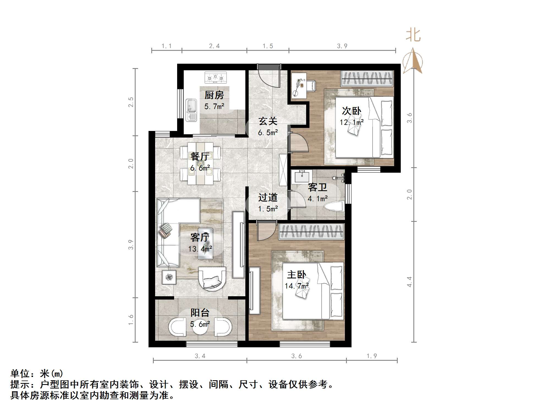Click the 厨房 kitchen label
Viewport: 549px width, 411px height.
coord(214,95)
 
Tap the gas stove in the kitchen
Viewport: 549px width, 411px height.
coord(216,77)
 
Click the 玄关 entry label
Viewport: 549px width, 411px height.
coord(268,121)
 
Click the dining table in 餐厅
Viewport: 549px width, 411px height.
coord(200,163)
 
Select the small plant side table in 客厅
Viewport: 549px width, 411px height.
coord(169,277)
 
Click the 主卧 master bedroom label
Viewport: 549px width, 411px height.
coord(297,275)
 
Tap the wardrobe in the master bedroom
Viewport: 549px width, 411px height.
coord(311,231)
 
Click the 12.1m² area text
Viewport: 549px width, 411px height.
coord(352,122)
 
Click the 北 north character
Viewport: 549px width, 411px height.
coord(413,35)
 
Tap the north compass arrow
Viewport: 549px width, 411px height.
coord(413,62)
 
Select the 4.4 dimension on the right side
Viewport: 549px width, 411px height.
coord(409,282)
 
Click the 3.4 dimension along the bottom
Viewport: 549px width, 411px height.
coord(200,356)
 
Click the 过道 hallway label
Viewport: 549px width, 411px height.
coord(268,197)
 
